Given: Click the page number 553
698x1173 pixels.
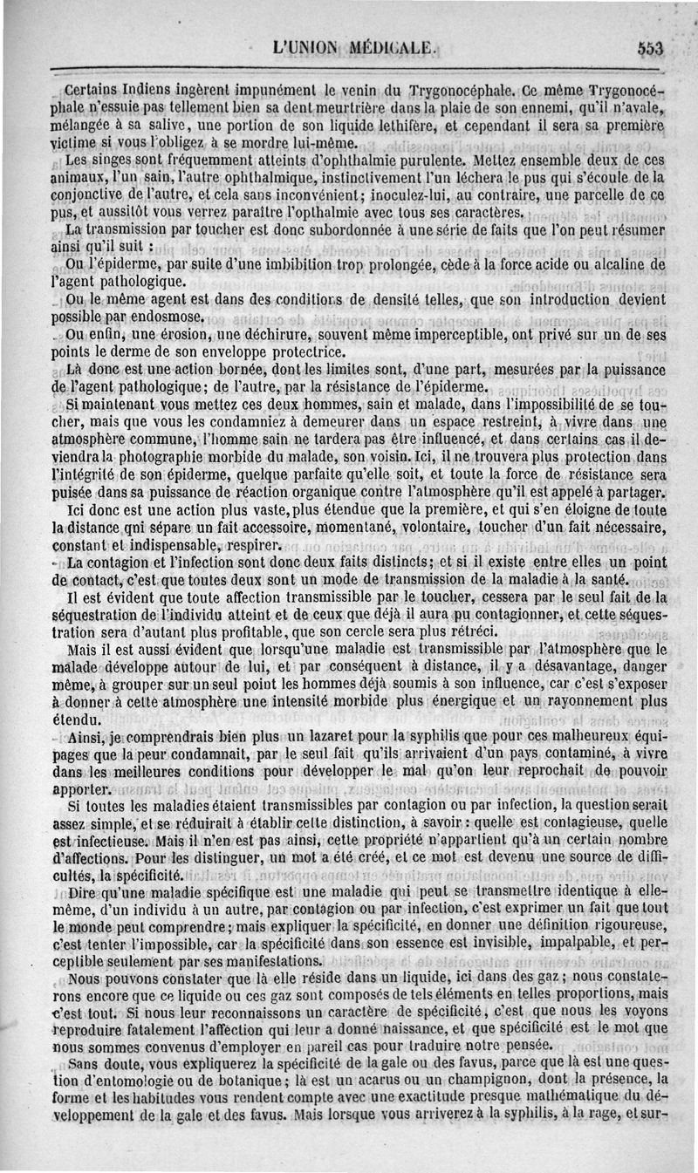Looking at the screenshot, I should [x=650, y=49].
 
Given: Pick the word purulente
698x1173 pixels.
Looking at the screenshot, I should [x=433, y=161].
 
